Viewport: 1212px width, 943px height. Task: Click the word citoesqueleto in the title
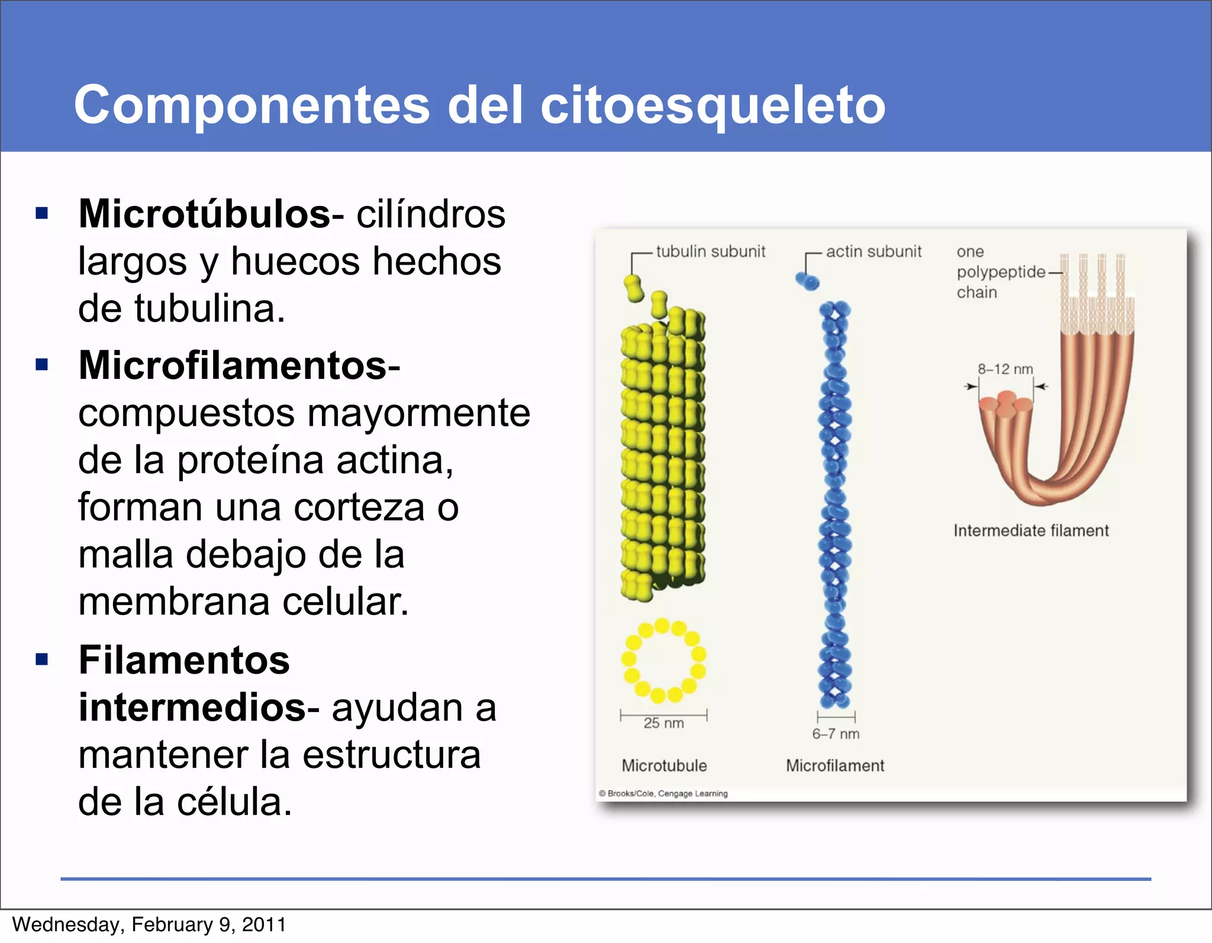pos(713,105)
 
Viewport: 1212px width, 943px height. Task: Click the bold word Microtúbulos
pos(205,214)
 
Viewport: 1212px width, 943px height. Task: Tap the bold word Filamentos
pos(184,660)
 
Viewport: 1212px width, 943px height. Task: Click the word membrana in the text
pos(174,602)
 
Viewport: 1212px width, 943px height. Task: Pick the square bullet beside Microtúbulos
pos(41,213)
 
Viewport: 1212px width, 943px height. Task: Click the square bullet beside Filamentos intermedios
pos(41,659)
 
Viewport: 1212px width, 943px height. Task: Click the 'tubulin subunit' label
pos(710,252)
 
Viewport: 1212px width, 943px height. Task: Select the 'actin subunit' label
pos(873,252)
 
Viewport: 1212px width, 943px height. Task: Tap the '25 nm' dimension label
pos(663,723)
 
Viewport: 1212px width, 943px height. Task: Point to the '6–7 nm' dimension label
pos(836,734)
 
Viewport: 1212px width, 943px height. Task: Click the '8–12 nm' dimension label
pos(1005,369)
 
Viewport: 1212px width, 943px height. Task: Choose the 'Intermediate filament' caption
pos(1031,530)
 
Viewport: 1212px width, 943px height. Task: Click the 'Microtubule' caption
pos(664,765)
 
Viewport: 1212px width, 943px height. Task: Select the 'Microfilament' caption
pos(835,765)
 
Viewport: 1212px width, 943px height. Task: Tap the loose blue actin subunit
pos(807,281)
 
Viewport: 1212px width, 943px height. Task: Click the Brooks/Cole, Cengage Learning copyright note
pos(663,793)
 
